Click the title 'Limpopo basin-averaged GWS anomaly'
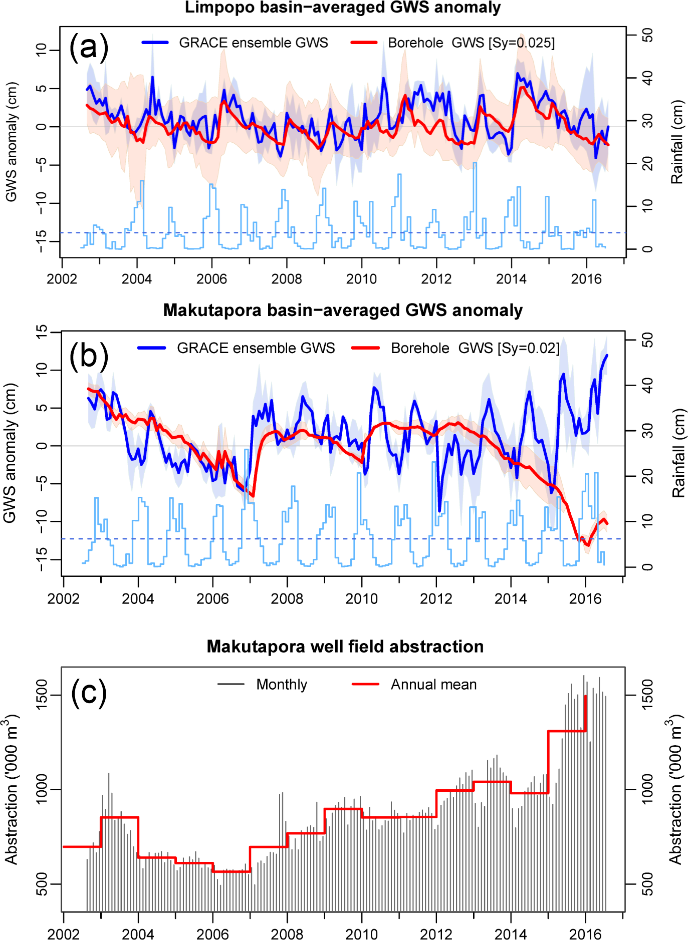343,8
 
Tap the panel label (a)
89,47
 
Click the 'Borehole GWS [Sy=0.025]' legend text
471,43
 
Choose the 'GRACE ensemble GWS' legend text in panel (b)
256,348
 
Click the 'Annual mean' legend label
433,685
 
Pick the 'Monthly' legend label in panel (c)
282,685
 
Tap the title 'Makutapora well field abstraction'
345,647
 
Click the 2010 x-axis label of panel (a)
361,279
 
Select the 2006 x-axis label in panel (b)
212,598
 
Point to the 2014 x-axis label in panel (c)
511,934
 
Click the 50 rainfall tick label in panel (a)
647,35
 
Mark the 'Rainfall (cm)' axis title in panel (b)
678,453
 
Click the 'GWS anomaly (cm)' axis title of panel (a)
11,142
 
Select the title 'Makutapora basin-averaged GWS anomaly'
343,310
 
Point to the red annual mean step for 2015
567,731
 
